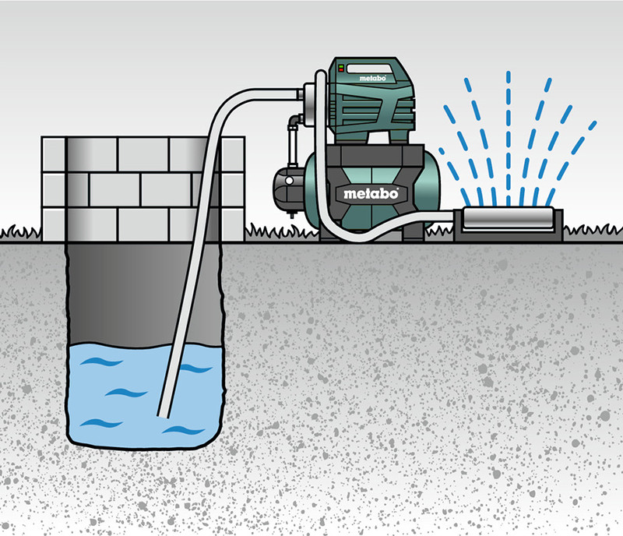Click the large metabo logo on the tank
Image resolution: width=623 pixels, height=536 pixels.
371,194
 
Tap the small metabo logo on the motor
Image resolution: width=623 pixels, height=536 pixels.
372,79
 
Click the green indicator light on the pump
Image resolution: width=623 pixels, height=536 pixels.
341,66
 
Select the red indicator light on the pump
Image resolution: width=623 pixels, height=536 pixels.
341,70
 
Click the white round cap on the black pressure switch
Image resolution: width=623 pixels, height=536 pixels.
289,181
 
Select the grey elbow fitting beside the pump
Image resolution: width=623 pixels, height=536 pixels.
294,121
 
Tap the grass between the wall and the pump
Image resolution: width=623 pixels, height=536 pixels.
281,232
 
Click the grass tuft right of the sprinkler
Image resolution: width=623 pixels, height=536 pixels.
593,231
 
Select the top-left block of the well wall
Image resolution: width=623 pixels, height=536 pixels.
54,154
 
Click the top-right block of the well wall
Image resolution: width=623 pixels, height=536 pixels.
233,154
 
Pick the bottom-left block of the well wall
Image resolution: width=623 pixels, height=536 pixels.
54,224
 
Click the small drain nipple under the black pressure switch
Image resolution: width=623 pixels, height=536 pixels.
292,214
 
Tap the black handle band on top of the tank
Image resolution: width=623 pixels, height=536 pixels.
375,157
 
